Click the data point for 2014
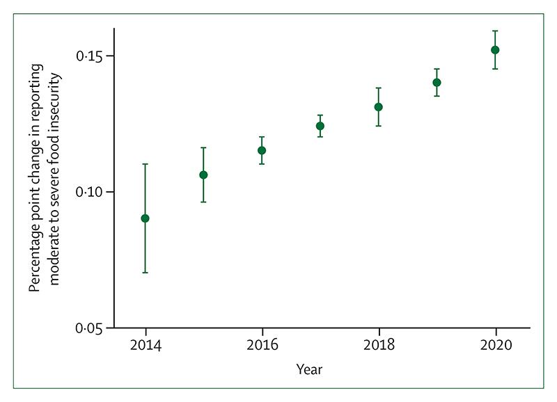point(145,218)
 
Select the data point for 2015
point(203,175)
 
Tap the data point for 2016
point(262,150)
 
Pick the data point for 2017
point(320,126)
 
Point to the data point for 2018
point(379,106)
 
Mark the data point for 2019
point(437,82)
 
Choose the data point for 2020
point(495,49)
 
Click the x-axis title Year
point(308,370)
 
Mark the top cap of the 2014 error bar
point(145,164)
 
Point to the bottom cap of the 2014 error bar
point(145,273)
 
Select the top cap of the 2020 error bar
point(495,31)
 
